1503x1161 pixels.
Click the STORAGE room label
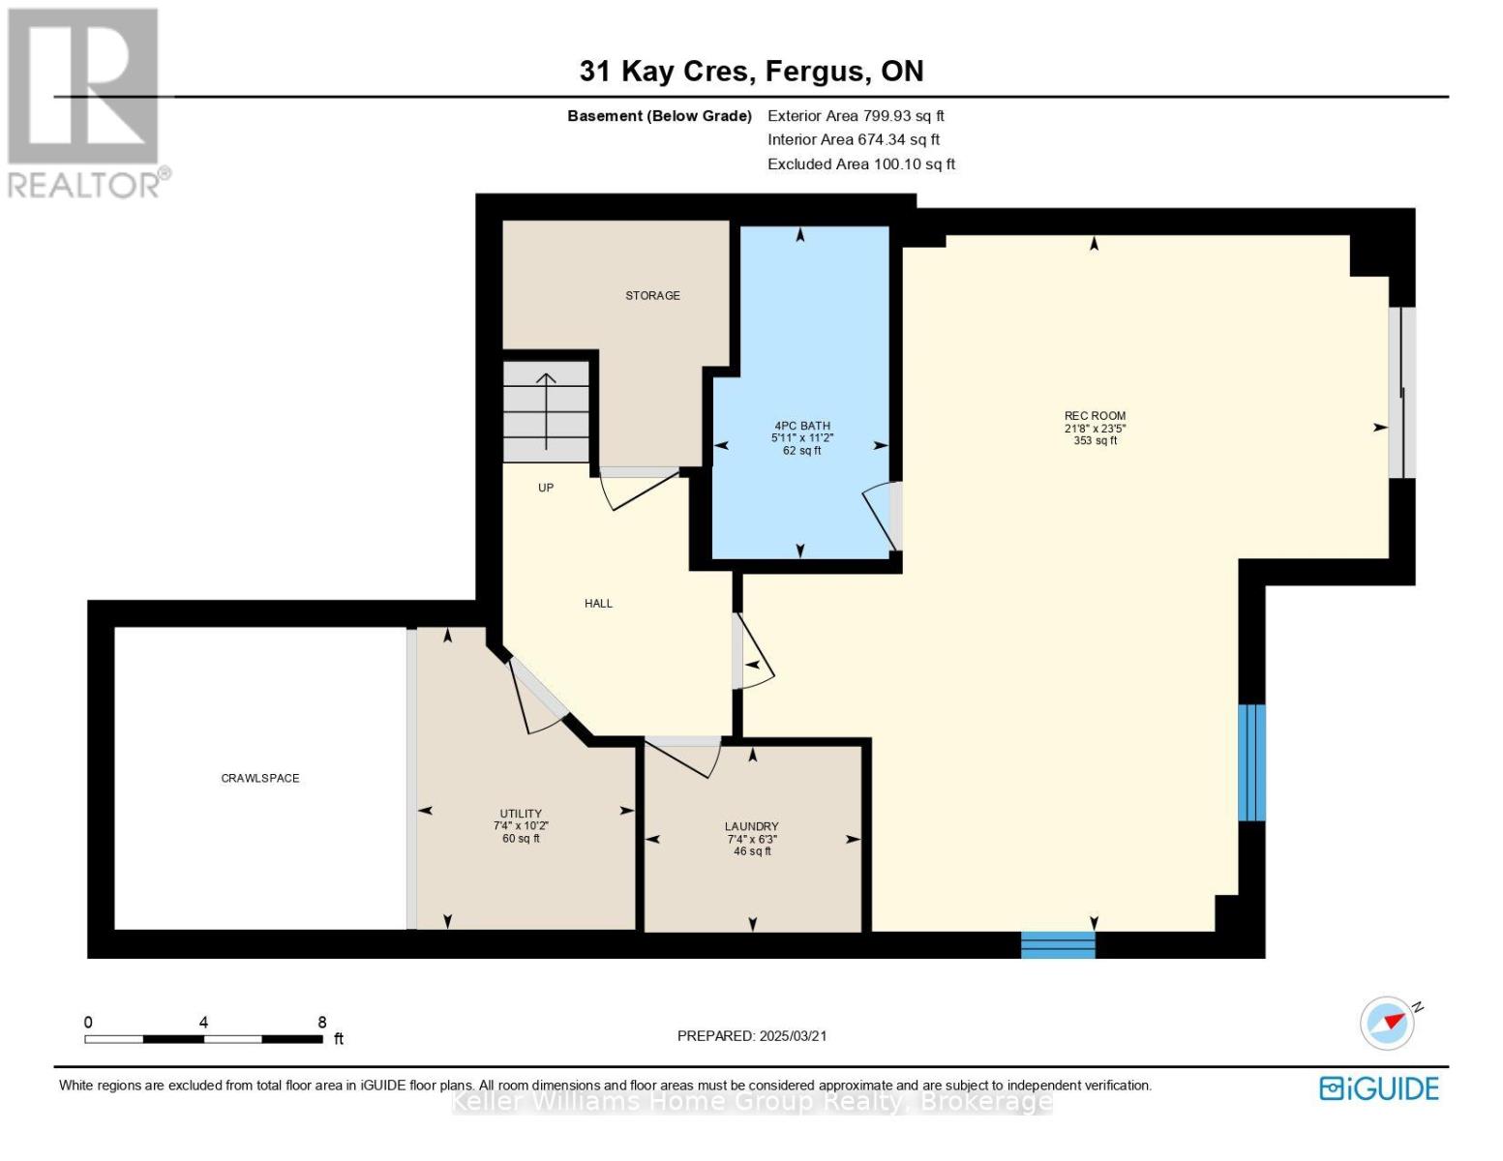click(x=652, y=295)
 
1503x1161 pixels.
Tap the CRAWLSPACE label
click(x=260, y=778)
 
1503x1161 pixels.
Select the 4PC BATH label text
click(x=802, y=426)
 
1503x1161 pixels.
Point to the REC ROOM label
click(x=1095, y=416)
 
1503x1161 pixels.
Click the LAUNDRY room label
click(x=752, y=826)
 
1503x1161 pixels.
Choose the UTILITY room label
click(x=521, y=814)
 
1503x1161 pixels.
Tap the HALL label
click(x=598, y=603)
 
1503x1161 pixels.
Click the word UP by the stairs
click(x=546, y=488)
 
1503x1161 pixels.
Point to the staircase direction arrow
click(x=547, y=411)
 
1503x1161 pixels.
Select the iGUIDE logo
click(x=1379, y=1088)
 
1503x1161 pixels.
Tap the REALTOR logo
click(x=86, y=104)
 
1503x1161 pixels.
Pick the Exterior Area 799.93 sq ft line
click(x=856, y=115)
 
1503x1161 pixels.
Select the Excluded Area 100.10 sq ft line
click(x=861, y=164)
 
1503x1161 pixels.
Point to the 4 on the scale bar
click(x=203, y=1022)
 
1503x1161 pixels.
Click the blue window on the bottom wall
click(x=1058, y=945)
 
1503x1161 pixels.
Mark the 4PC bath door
click(x=884, y=516)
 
